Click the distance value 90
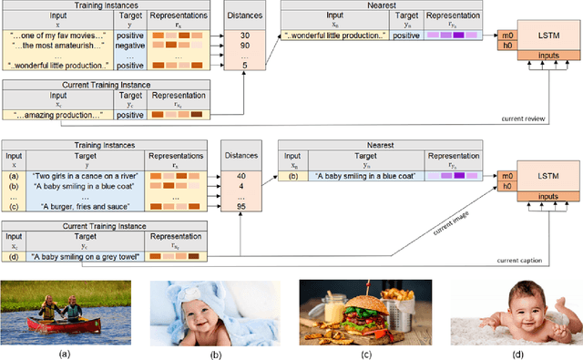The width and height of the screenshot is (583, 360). click(244, 44)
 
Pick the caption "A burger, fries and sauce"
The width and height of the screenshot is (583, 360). click(80, 206)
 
